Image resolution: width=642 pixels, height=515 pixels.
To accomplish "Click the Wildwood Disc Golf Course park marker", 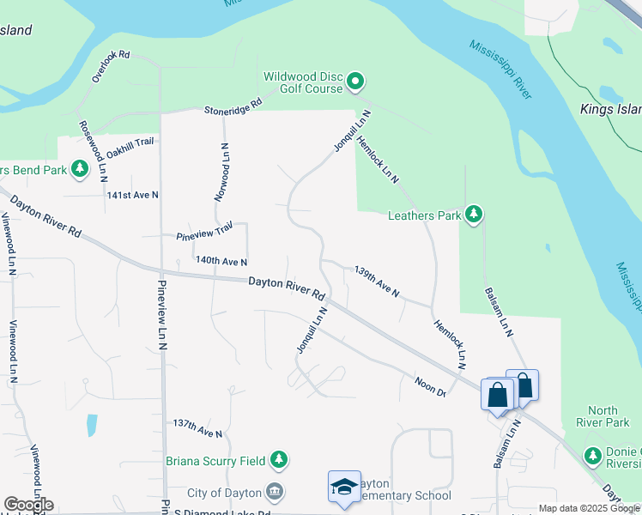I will (355, 83).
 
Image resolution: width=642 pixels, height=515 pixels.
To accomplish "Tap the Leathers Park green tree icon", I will (473, 215).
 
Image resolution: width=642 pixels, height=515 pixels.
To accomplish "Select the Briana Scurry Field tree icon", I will (278, 461).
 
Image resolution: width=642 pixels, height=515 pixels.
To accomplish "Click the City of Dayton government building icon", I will (274, 492).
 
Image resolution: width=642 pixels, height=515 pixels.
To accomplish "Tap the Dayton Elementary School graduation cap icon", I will (343, 487).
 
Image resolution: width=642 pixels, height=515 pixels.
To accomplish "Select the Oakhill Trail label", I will (131, 146).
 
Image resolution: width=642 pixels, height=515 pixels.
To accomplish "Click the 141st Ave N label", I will (132, 195).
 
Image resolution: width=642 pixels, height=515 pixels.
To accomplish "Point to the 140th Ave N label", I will (221, 260).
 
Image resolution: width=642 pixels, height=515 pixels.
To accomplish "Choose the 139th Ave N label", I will (377, 282).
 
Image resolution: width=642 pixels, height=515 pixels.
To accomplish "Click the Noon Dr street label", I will (430, 387).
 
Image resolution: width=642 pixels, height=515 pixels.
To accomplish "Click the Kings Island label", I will (610, 110).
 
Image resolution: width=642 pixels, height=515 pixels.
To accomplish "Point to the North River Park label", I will (609, 416).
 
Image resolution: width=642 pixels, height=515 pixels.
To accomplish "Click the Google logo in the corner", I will (28, 505).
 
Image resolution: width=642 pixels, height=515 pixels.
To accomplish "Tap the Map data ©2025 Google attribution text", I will (589, 508).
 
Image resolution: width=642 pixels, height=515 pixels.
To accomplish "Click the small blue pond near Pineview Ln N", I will (91, 425).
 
